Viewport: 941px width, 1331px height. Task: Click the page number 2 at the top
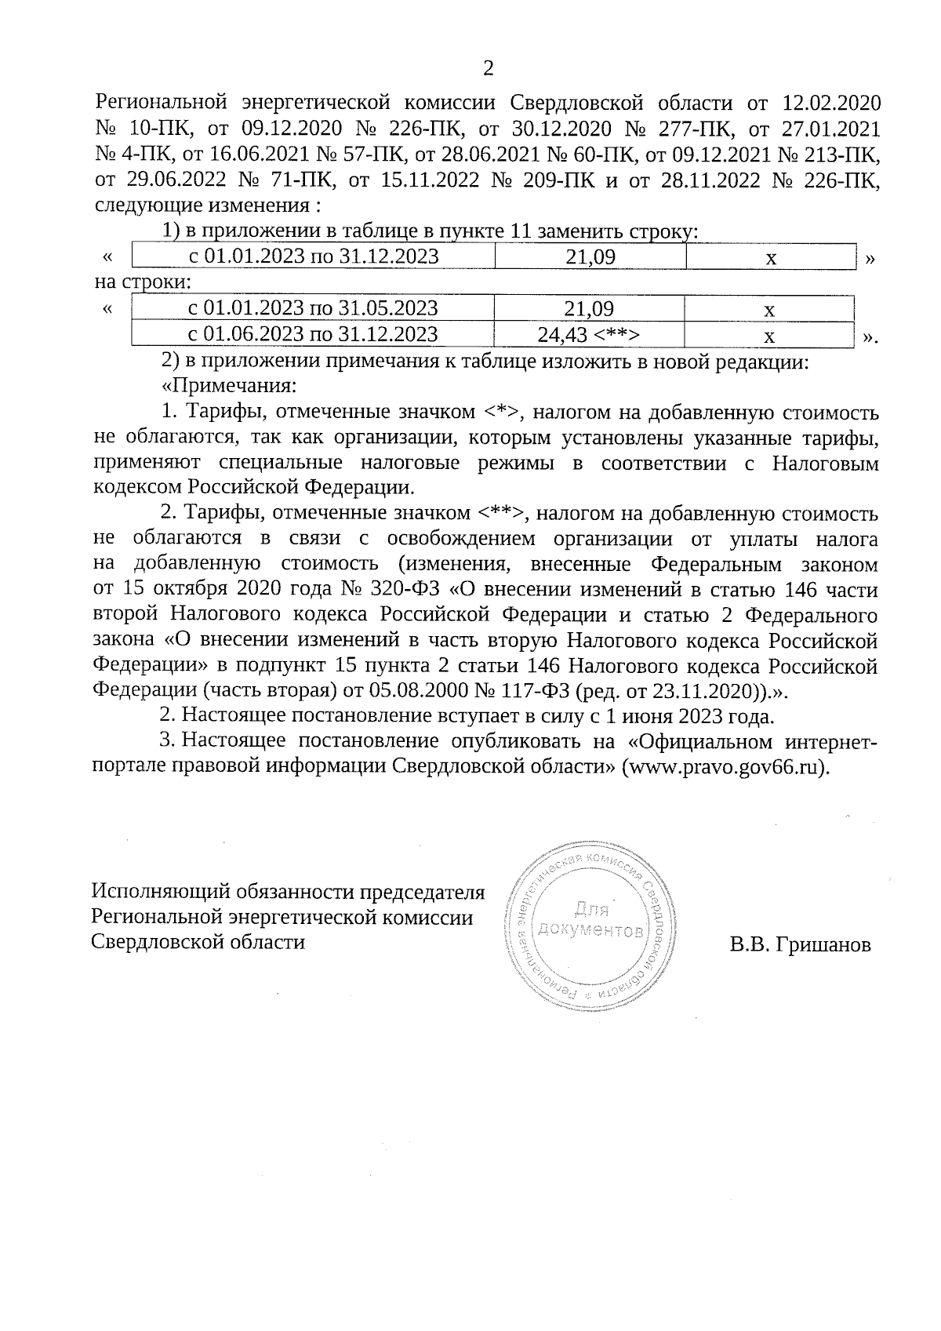coord(488,69)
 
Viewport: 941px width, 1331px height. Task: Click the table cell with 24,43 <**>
coord(589,335)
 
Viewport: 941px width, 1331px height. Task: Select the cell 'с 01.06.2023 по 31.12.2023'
coord(313,335)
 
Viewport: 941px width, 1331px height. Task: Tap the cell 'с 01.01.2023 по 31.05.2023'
coord(313,309)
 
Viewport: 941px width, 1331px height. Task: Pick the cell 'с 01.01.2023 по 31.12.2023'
coord(314,256)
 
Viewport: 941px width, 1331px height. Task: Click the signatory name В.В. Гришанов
coord(800,945)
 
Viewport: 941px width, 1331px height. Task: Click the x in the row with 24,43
coord(769,336)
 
